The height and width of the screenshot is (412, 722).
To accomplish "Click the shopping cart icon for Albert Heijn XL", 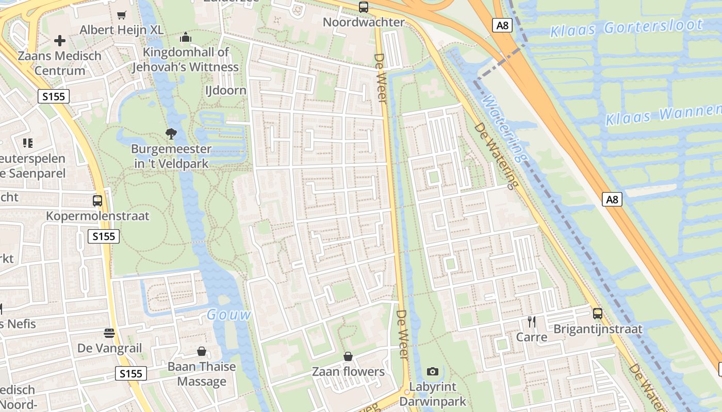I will click(122, 15).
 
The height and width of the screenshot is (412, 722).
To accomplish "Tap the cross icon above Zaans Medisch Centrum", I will click(60, 40).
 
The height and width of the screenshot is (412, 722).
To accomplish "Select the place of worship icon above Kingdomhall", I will click(186, 37).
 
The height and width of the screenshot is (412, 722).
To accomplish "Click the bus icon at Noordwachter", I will click(364, 7).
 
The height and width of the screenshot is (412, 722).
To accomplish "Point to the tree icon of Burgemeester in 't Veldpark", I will click(171, 134).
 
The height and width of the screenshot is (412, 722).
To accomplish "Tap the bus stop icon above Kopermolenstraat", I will click(97, 200).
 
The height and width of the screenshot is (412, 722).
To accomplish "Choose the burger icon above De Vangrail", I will click(109, 333).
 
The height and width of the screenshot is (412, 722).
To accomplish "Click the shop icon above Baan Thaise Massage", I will click(202, 351).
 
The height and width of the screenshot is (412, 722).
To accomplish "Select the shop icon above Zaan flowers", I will click(348, 356).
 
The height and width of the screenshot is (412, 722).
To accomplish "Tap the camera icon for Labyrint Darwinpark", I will click(433, 371).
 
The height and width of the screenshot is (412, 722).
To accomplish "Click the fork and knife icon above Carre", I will click(532, 322).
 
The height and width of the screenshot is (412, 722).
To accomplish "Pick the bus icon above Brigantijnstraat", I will click(598, 313).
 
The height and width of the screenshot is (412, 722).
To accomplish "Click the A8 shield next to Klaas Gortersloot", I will click(502, 25).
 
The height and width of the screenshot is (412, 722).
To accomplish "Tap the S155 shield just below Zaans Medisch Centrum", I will click(53, 96).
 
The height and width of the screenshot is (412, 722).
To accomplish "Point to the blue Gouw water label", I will click(229, 315).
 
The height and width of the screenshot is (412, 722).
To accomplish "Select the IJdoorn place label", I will click(226, 91).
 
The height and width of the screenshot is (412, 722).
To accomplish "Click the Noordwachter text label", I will click(364, 22).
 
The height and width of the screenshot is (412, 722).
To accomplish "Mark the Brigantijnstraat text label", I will click(598, 329).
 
